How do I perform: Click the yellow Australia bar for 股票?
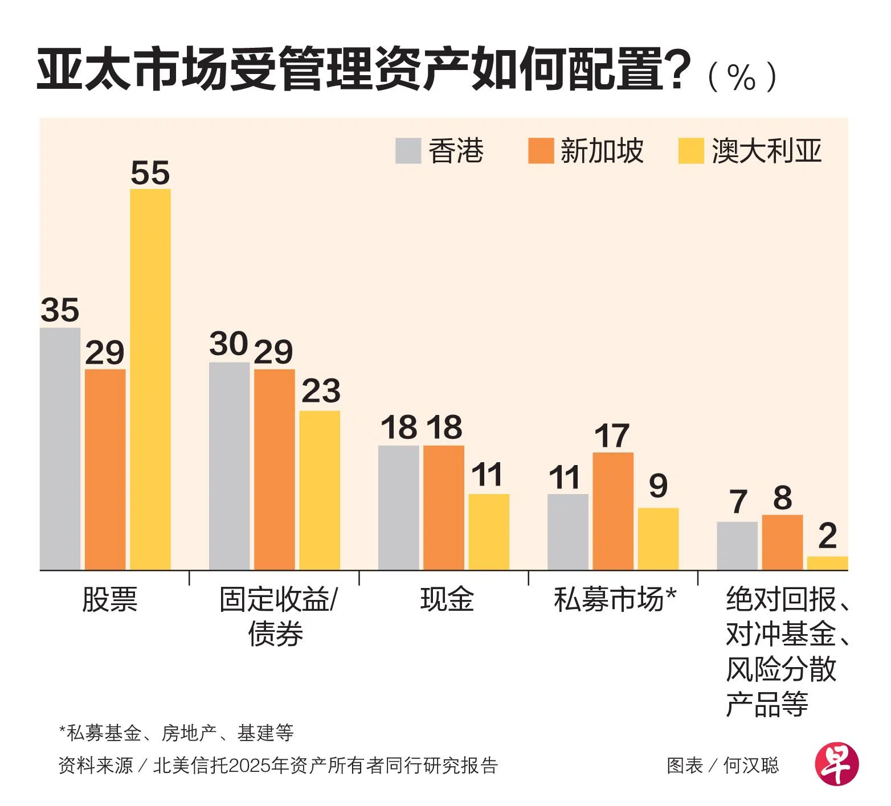[150, 379]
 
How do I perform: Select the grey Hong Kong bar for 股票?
[60, 449]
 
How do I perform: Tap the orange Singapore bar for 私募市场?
[613, 511]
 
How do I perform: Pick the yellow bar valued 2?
[827, 563]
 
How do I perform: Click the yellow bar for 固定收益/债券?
[320, 490]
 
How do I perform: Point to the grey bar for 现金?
[399, 507]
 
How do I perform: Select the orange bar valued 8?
[782, 542]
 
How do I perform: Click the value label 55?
[150, 173]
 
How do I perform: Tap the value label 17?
[612, 436]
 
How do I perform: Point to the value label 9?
[658, 486]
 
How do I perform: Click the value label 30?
[228, 344]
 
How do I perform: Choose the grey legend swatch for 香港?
[408, 151]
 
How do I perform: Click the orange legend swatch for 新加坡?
[541, 151]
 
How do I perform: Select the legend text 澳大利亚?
[767, 151]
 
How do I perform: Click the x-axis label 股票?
[110, 599]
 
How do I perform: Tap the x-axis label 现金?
[447, 599]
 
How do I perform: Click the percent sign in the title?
[741, 77]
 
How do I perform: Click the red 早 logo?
[837, 764]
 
